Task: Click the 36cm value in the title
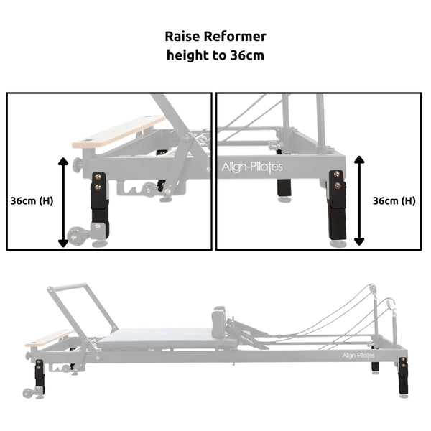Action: (244, 55)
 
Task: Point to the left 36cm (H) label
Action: (32, 200)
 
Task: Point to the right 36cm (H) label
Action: (394, 200)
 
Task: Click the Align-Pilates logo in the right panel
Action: (251, 167)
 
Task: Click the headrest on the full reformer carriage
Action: (217, 317)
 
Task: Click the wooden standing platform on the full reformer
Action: (48, 338)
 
